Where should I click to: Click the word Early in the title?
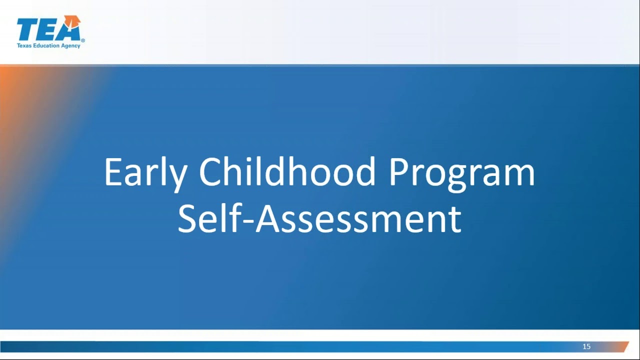click(x=145, y=172)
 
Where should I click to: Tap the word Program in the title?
click(x=461, y=172)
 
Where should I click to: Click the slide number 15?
click(x=586, y=346)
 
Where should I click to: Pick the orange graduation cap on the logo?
click(x=74, y=20)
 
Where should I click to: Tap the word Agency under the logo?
click(x=71, y=45)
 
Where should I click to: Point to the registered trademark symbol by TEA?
click(x=83, y=40)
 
